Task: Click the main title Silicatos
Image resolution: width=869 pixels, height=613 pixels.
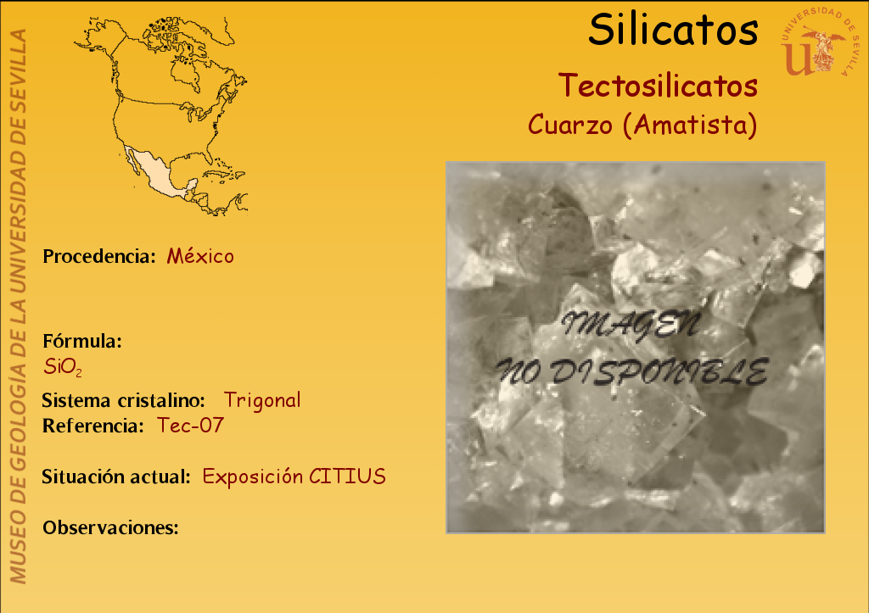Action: pyautogui.click(x=673, y=30)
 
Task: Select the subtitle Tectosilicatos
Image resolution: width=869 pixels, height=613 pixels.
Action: pyautogui.click(x=658, y=86)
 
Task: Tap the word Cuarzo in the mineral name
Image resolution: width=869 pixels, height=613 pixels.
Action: pyautogui.click(x=570, y=125)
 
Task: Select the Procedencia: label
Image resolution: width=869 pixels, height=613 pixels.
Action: pyautogui.click(x=99, y=256)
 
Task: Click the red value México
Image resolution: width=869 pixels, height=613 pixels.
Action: pyautogui.click(x=200, y=256)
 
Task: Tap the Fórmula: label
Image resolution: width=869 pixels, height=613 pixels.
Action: pyautogui.click(x=82, y=341)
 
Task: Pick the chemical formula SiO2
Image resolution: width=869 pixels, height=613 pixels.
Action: pyautogui.click(x=63, y=366)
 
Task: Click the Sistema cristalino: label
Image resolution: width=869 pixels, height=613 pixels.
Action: pyautogui.click(x=123, y=400)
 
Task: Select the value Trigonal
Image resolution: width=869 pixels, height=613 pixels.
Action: pyautogui.click(x=262, y=400)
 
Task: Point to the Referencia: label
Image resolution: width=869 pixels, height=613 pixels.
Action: pyautogui.click(x=93, y=426)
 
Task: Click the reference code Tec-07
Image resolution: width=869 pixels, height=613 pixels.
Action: pyautogui.click(x=190, y=426)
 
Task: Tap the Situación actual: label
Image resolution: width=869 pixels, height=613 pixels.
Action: pyautogui.click(x=115, y=476)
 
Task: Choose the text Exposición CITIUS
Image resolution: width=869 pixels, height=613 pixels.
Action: pyautogui.click(x=294, y=476)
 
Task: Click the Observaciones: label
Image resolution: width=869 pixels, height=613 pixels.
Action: pyautogui.click(x=110, y=527)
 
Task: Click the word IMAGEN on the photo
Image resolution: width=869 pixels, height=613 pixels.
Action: pyautogui.click(x=631, y=325)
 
